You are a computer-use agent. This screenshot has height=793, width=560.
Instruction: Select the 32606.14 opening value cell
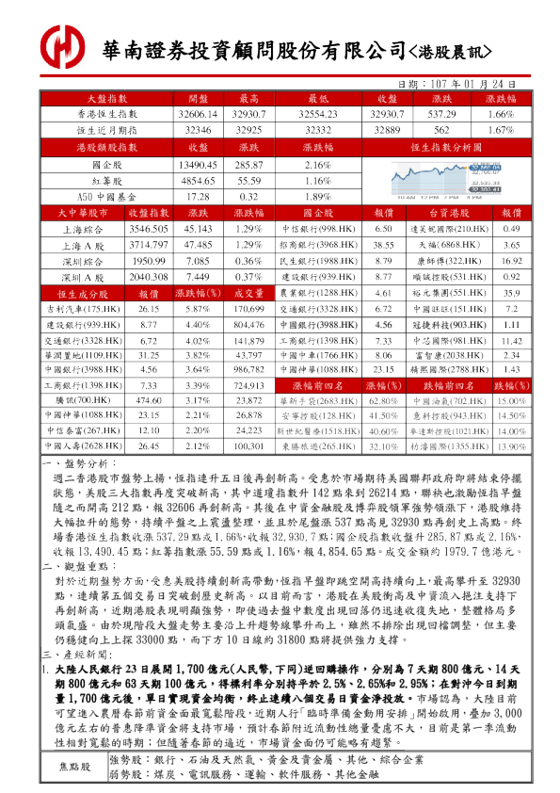coord(198,113)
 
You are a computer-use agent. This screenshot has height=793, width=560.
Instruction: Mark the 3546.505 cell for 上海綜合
coord(148,229)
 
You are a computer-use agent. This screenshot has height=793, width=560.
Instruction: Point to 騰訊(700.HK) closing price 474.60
coord(148,400)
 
